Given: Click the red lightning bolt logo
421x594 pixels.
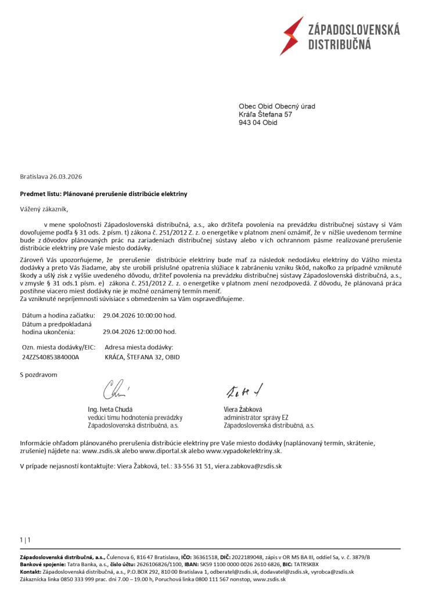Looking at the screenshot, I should point(292,35).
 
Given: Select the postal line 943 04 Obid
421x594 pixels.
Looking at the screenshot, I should point(258,123).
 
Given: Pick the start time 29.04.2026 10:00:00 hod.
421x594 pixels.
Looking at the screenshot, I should point(139,316).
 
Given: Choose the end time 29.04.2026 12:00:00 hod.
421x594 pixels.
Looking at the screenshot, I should point(139,332).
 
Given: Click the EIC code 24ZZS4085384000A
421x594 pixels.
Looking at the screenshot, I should point(50,357).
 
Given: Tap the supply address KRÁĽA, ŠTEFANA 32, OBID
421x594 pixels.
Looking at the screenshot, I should point(142,357).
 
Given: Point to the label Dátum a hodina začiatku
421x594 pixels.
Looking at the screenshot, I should point(57,316).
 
